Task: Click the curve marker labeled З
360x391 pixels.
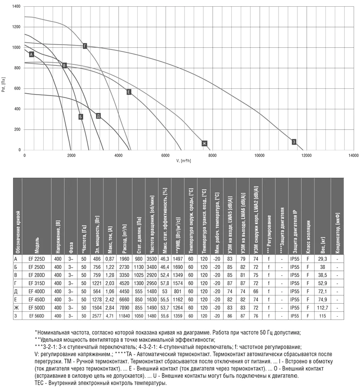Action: tap(294, 141)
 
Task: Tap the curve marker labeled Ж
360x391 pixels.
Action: tap(204, 144)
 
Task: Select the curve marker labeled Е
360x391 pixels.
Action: tap(129, 92)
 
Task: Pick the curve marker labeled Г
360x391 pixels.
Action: tap(85, 46)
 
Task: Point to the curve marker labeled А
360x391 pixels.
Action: tap(31, 54)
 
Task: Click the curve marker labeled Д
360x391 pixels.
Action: tap(98, 116)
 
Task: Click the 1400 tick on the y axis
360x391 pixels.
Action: tap(17, 7)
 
